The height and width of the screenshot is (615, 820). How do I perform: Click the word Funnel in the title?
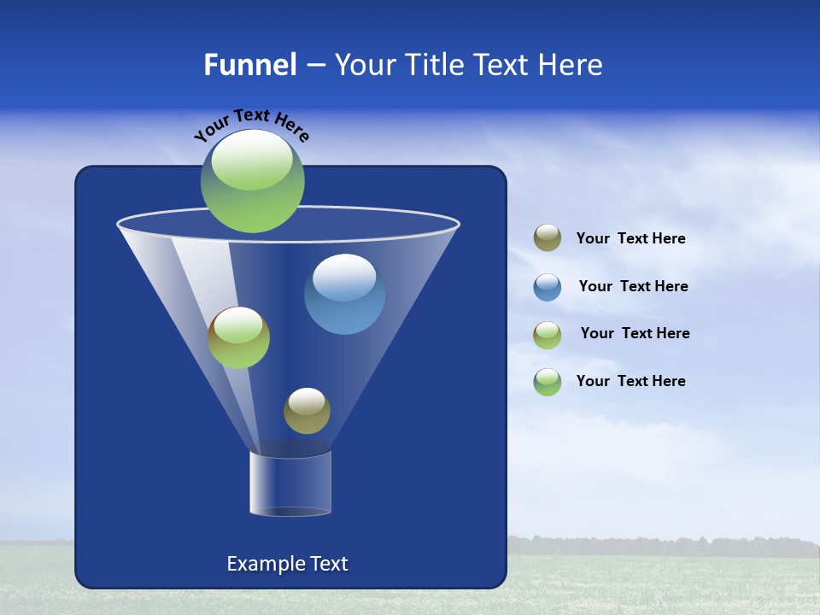pos(249,65)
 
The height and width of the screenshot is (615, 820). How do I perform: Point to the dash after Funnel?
pos(314,66)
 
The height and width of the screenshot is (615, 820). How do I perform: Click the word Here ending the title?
pos(573,65)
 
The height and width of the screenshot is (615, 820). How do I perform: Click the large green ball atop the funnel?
pos(253,180)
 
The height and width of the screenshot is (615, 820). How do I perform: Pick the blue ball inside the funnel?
pos(344,294)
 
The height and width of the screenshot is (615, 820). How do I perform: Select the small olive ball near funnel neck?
pos(307,410)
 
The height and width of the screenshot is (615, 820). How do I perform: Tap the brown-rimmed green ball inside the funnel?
pos(238,337)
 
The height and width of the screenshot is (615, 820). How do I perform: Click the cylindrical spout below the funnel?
pos(290,483)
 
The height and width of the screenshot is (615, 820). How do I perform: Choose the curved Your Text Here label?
pos(251,125)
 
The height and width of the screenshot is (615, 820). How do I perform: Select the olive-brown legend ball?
pos(548,238)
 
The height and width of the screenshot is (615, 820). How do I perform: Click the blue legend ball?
pos(548,286)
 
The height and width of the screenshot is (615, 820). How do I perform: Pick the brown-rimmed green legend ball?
pos(548,334)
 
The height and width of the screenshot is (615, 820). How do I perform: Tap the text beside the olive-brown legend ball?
pos(630,238)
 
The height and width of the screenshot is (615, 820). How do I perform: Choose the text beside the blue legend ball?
pos(633,286)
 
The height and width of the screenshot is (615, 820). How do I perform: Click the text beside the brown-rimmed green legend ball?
pos(635,333)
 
